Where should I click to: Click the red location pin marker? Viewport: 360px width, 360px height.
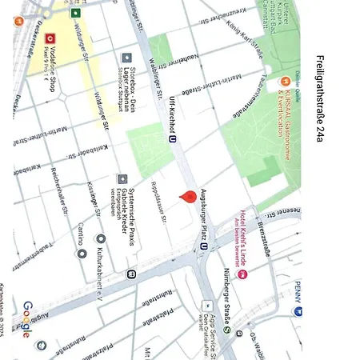point(190,198)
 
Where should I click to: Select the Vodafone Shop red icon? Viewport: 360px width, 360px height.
point(50,38)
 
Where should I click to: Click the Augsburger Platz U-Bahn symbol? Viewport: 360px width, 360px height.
point(204,246)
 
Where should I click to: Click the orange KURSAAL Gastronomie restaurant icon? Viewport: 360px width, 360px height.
point(284,82)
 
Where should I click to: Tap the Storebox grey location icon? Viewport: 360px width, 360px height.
point(126,58)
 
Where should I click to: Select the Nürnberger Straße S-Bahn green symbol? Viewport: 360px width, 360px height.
point(227,330)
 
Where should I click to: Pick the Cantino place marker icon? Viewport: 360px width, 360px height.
point(82,254)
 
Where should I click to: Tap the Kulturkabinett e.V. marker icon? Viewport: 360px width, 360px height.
point(100,238)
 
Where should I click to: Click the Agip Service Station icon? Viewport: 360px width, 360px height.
point(207,305)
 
